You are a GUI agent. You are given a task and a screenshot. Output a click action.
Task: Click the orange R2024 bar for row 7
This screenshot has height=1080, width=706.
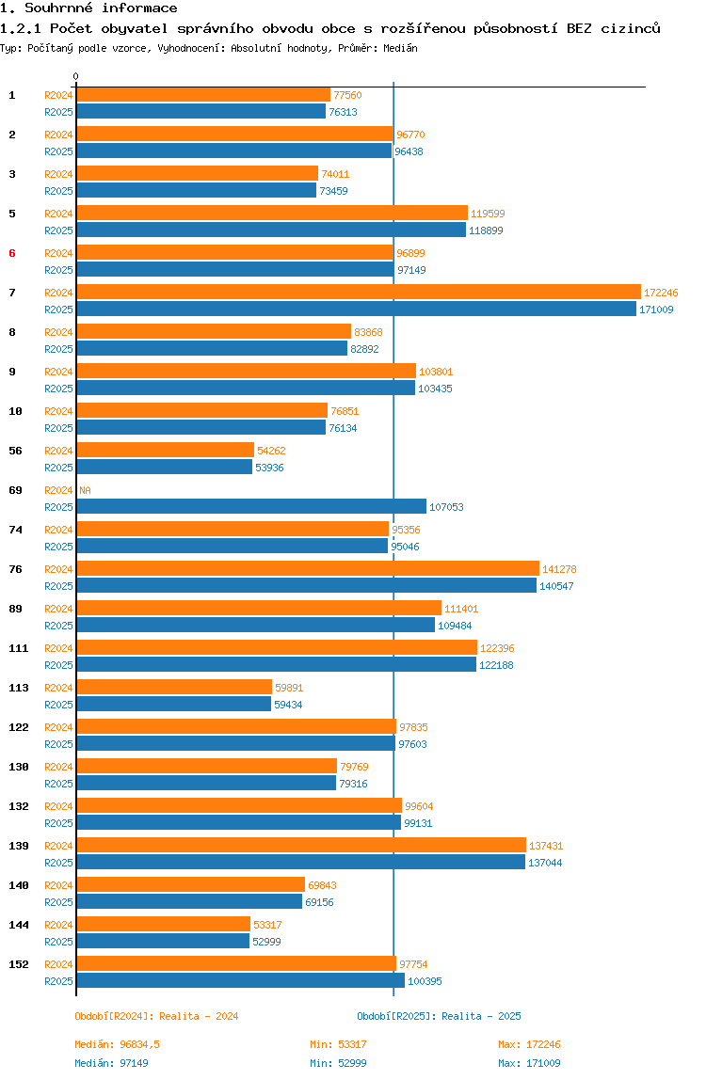click(x=359, y=292)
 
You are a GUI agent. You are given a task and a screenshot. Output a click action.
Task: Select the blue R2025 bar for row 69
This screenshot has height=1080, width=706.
click(x=251, y=507)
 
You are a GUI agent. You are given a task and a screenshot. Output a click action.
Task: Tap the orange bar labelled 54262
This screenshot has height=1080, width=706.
click(x=166, y=451)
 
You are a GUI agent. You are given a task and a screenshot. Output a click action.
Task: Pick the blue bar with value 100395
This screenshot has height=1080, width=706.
click(x=241, y=981)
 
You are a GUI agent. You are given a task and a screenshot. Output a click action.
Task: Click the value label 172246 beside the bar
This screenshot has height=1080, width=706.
click(x=661, y=293)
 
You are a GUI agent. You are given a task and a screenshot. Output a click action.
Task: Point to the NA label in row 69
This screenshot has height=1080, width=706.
click(x=85, y=490)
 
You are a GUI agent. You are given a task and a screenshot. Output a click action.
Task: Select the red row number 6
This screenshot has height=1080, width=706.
click(x=11, y=253)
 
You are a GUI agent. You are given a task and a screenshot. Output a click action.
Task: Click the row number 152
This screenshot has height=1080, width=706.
click(x=19, y=964)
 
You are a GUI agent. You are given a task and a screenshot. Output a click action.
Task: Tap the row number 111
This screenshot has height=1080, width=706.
click(x=19, y=648)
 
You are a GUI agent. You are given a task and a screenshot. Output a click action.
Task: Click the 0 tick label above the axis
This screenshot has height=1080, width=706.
click(x=76, y=76)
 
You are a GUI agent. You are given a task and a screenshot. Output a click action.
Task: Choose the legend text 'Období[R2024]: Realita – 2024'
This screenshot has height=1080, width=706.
click(x=156, y=1016)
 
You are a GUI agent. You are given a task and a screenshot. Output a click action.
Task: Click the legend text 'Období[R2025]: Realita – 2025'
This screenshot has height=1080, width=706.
click(x=440, y=1016)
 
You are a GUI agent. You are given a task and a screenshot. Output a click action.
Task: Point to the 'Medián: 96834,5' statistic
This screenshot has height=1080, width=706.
click(x=118, y=1044)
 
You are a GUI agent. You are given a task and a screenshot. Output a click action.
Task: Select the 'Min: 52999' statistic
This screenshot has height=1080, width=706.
click(x=338, y=1063)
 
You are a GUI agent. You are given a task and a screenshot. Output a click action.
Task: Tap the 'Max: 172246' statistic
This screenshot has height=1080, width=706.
click(x=529, y=1044)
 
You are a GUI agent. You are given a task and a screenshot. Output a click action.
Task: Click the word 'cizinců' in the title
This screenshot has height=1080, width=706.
click(x=630, y=28)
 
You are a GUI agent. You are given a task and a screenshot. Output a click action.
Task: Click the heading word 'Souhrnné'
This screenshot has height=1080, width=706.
click(x=58, y=8)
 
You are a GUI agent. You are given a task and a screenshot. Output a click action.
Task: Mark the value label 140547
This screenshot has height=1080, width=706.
click(x=556, y=586)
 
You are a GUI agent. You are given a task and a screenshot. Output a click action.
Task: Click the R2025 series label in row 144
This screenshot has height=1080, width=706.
click(x=58, y=942)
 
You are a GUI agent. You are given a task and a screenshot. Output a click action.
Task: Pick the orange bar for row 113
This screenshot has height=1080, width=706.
click(x=174, y=688)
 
